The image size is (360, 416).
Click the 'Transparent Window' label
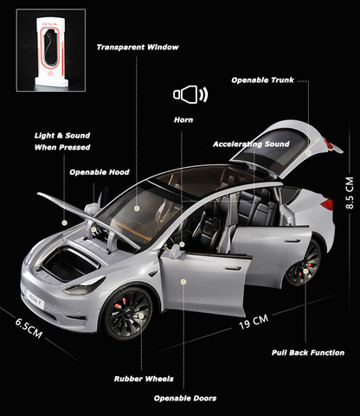[138, 48]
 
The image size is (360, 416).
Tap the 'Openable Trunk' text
[262, 80]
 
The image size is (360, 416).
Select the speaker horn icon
[190, 94]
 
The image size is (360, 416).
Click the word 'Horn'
[183, 119]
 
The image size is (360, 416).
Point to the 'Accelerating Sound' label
[251, 144]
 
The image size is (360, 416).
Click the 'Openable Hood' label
[100, 172]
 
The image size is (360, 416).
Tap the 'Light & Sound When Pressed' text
[62, 141]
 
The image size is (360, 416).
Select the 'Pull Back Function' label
[308, 353]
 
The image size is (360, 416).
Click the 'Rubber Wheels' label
[144, 379]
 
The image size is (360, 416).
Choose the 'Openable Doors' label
[185, 399]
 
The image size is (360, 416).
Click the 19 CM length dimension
[254, 322]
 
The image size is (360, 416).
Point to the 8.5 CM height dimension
[350, 193]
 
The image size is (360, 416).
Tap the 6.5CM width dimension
[29, 328]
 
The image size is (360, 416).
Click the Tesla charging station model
[51, 51]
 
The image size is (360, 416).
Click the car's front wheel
[128, 313]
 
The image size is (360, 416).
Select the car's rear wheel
[304, 263]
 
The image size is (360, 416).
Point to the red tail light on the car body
[327, 204]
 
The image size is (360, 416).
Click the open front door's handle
[233, 269]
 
